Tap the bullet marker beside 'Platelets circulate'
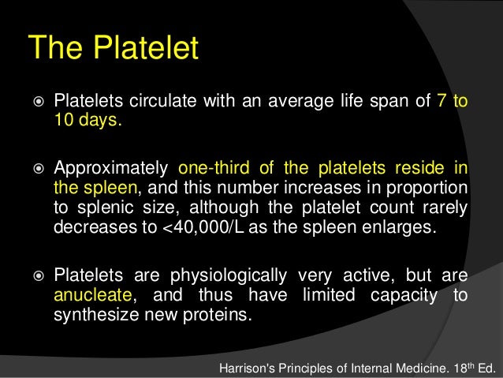[x=36, y=102]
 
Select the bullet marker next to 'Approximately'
[x=36, y=170]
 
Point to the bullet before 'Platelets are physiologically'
[x=36, y=277]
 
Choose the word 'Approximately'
[x=111, y=170]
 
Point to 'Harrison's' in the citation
[x=253, y=367]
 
